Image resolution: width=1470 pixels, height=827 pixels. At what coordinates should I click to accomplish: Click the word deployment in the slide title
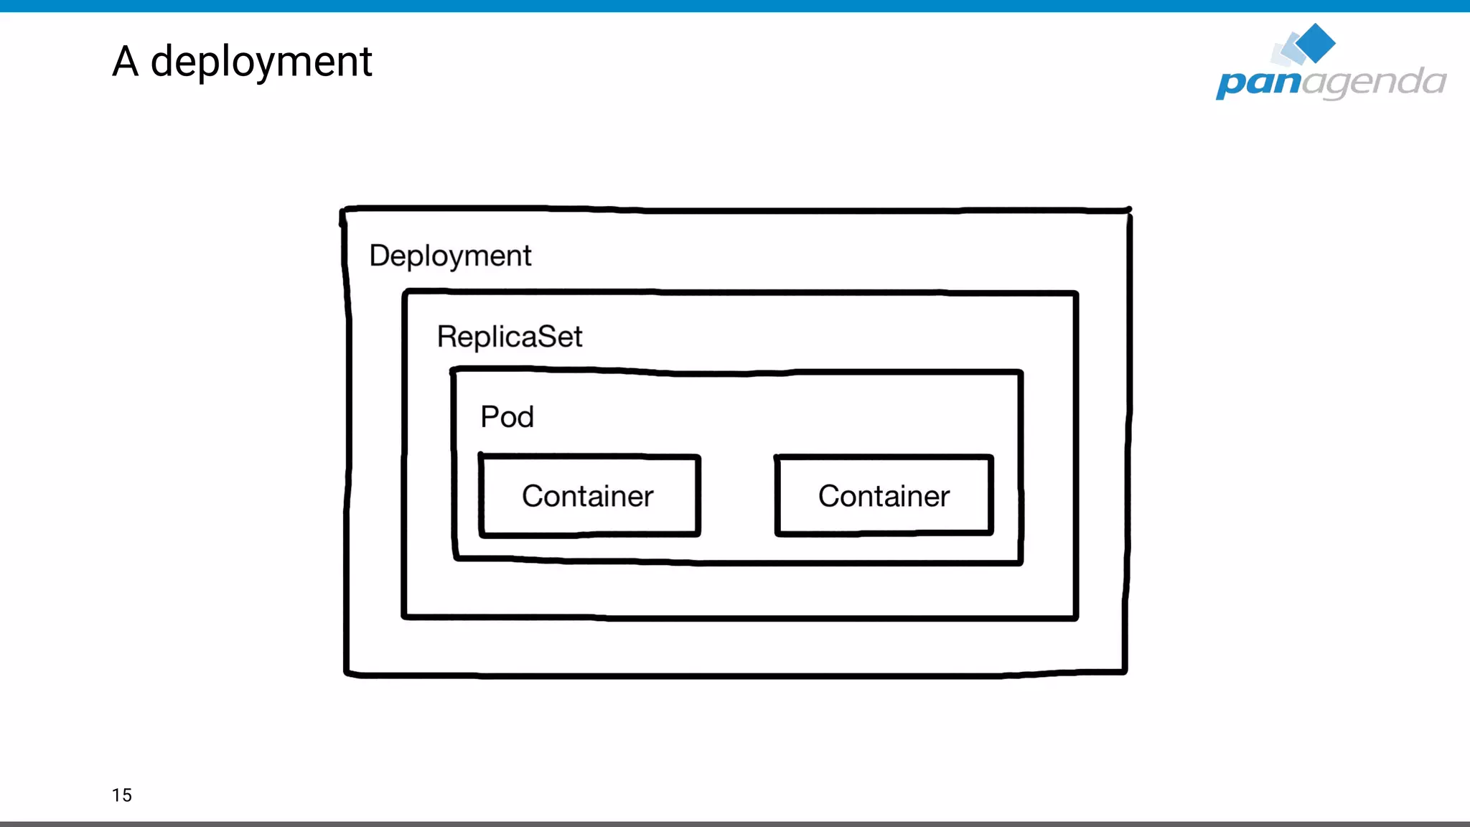tap(261, 62)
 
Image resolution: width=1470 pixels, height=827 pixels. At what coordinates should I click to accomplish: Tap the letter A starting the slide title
tap(125, 61)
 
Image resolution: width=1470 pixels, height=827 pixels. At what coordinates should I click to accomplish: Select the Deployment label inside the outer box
tap(450, 256)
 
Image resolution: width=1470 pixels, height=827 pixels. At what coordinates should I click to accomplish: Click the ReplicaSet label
tap(510, 337)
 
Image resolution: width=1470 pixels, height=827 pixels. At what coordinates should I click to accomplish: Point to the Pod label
tap(507, 417)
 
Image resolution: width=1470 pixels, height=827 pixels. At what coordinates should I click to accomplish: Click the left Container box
tap(589, 495)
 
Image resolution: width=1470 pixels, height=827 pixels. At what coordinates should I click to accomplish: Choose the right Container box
tap(884, 495)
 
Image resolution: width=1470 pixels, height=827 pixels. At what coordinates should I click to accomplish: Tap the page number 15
tap(122, 795)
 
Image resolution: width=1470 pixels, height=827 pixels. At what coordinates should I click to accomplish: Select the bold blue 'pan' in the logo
tap(1258, 83)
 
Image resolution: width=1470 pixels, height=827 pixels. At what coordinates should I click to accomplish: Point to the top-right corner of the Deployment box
tap(1129, 210)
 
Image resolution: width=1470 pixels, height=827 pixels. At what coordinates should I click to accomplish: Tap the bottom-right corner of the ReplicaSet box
tap(1075, 617)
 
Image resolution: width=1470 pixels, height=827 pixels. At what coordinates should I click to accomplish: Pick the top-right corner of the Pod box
tap(1020, 373)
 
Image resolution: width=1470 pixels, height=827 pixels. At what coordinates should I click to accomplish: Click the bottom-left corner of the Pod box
tap(456, 557)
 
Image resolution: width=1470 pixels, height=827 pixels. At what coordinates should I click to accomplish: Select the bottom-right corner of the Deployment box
tap(1125, 672)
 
